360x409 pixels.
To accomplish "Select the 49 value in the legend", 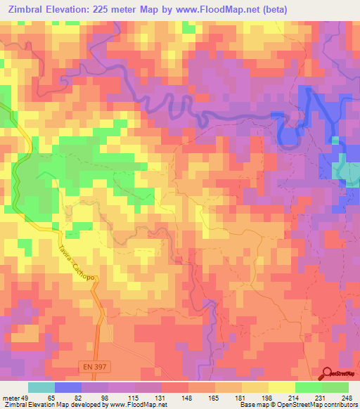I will coord(27,397).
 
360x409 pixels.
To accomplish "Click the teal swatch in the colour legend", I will coord(41,387).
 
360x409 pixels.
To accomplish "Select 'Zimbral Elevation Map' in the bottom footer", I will coord(33,405).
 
